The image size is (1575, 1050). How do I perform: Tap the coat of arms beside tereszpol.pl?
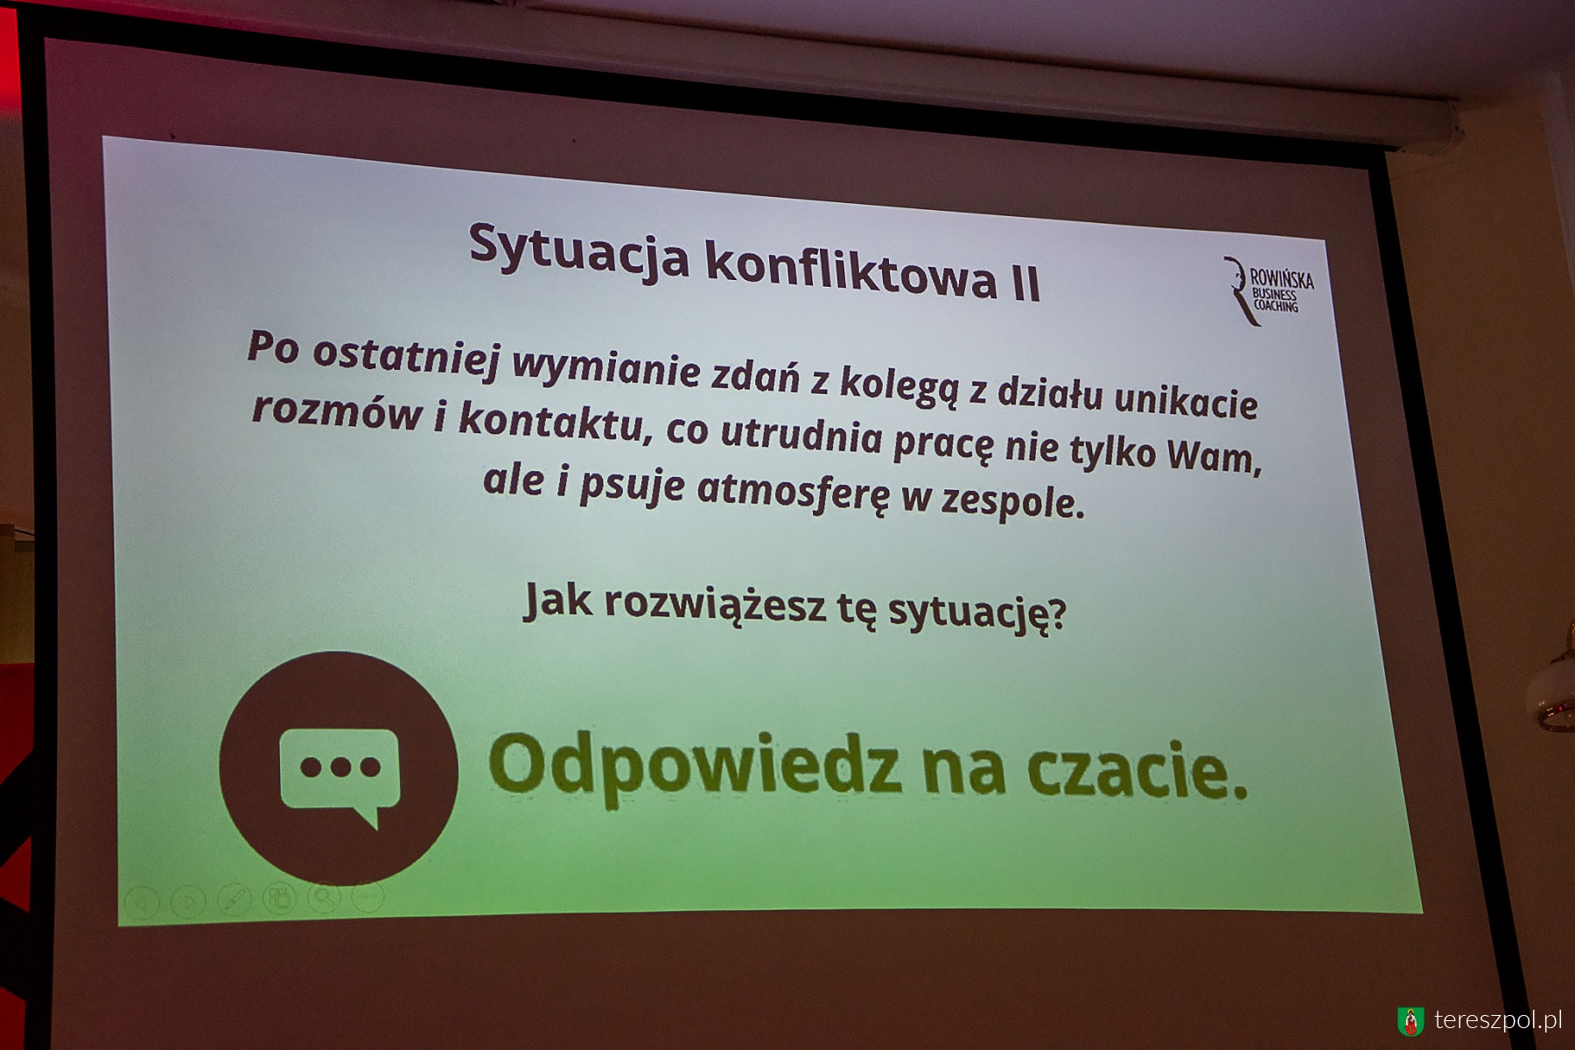point(1410,1021)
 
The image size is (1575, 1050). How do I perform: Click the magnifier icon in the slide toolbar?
point(324,896)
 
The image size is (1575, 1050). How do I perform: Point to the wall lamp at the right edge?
point(1552,678)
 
